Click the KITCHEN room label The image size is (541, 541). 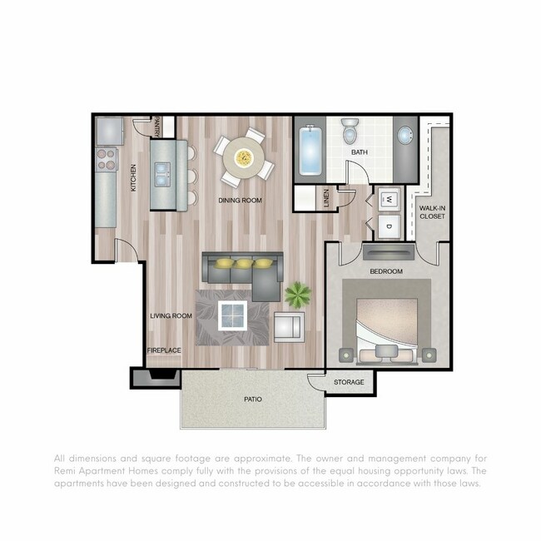tap(133, 182)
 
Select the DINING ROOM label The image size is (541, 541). tap(241, 201)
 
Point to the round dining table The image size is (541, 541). tap(244, 157)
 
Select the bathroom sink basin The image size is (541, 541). tap(405, 136)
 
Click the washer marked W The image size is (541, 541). tap(388, 200)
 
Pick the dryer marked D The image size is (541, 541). tap(388, 225)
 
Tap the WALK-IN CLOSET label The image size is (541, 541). tap(432, 211)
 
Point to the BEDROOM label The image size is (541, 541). tap(386, 272)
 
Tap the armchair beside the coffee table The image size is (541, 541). tap(288, 325)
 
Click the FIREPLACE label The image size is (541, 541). tap(164, 350)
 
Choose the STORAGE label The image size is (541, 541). tap(350, 382)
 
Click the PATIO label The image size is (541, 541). tap(253, 400)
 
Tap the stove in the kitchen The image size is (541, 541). tap(107, 159)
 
